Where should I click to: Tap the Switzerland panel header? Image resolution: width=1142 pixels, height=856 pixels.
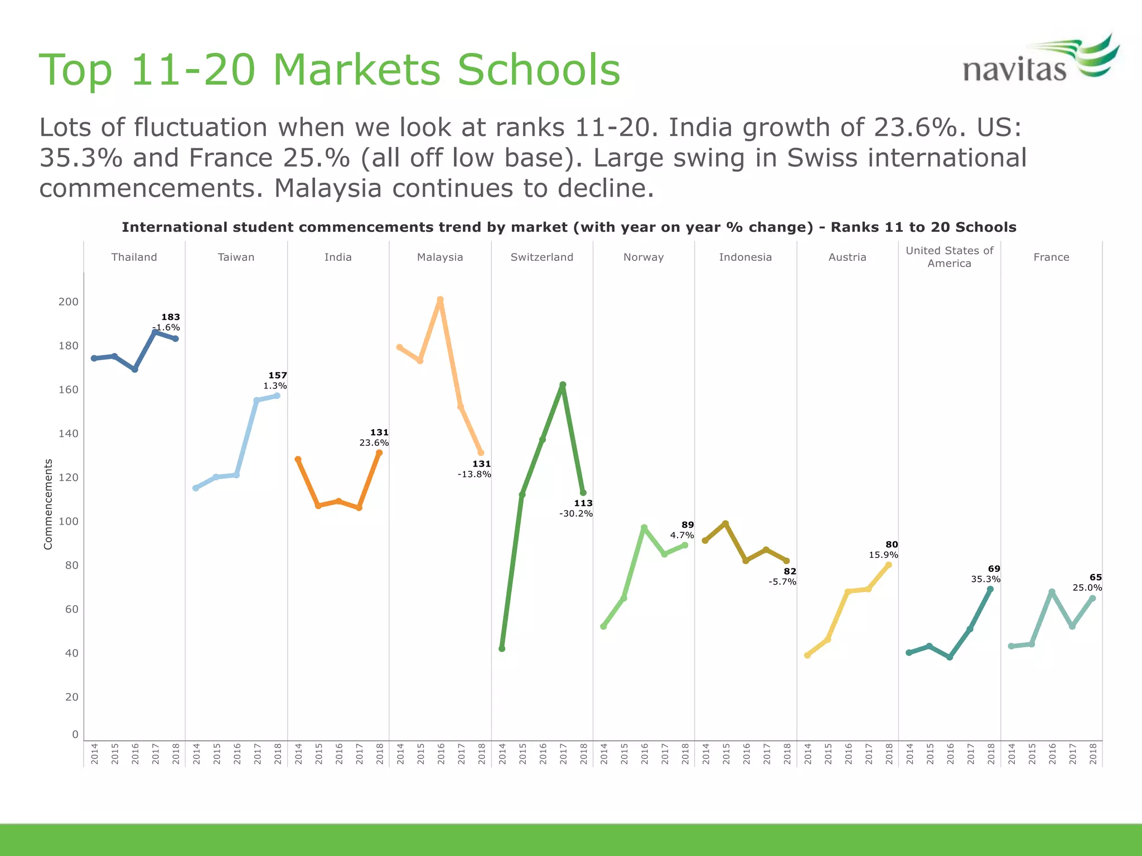pos(541,257)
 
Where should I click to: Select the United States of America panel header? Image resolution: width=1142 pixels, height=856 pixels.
pos(949,257)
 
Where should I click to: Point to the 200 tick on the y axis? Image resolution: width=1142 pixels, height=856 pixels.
pos(69,301)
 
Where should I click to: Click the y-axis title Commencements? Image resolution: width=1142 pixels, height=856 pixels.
pos(48,504)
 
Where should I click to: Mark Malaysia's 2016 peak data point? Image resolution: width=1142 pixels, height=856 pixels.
pos(440,300)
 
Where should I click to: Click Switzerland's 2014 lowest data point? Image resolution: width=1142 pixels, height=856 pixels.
pos(502,649)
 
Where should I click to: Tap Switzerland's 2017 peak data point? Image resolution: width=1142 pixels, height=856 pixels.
pos(563,385)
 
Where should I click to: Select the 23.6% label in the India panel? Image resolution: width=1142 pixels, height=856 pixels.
pos(374,443)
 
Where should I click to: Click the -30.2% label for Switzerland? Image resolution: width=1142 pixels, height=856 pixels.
pos(576,514)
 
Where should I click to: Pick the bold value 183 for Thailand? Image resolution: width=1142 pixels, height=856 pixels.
pos(171,317)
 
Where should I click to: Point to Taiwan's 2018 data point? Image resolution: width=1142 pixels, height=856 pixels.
pos(277,396)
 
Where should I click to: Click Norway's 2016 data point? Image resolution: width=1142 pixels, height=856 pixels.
pos(644,527)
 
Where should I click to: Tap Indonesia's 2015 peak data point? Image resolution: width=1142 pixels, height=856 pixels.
pos(725,523)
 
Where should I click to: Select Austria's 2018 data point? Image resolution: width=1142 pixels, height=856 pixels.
pos(888,565)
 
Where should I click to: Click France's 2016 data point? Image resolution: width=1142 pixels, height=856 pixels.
pos(1052,592)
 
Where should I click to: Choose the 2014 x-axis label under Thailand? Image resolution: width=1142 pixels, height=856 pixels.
pos(94,753)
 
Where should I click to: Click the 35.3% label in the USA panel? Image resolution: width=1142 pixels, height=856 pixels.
pos(985,579)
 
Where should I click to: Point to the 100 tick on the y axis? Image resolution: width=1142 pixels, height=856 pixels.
pos(69,522)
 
